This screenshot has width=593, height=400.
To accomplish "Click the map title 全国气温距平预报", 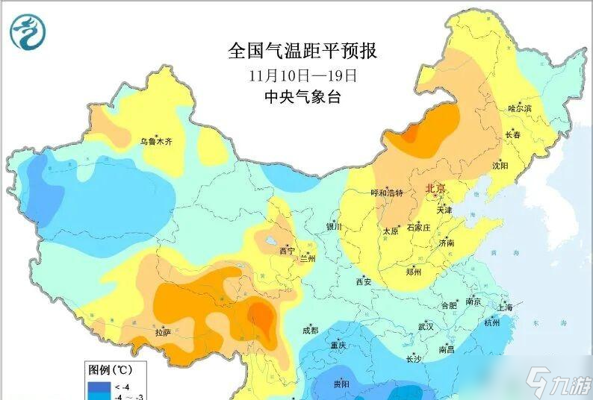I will [302, 51].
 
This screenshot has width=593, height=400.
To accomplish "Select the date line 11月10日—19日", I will [302, 75].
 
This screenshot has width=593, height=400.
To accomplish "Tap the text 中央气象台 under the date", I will [302, 97].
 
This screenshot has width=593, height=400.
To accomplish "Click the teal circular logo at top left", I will [28, 31].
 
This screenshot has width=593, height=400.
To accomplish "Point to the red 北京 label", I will [435, 189].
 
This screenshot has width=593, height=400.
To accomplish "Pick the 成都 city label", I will [310, 331].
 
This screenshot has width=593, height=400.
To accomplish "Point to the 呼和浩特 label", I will [387, 193].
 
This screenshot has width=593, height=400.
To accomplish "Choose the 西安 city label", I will [364, 282].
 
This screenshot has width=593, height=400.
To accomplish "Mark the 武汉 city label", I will [426, 327].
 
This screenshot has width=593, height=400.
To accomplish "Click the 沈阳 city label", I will [500, 166].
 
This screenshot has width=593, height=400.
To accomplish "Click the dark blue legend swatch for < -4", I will [99, 387].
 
